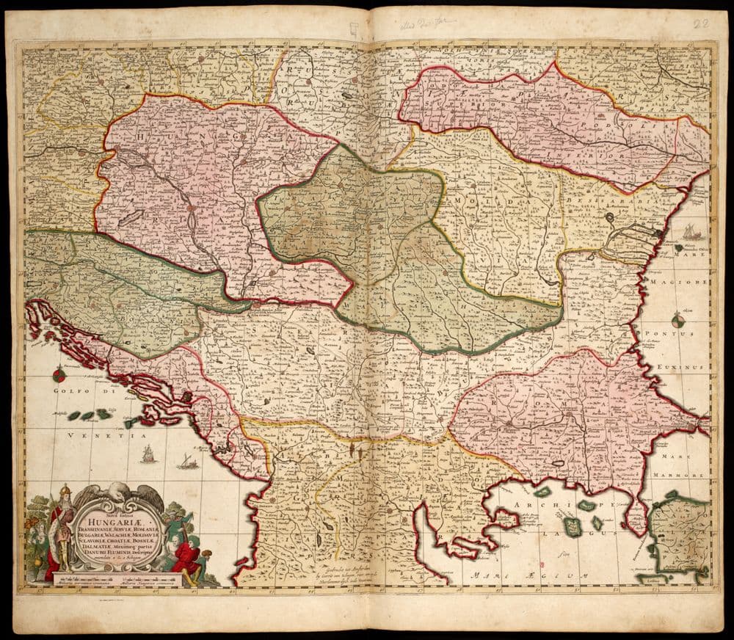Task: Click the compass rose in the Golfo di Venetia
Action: pyautogui.click(x=59, y=377)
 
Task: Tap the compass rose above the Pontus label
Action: pyautogui.click(x=677, y=319)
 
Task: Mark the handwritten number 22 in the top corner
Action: pyautogui.click(x=702, y=23)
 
